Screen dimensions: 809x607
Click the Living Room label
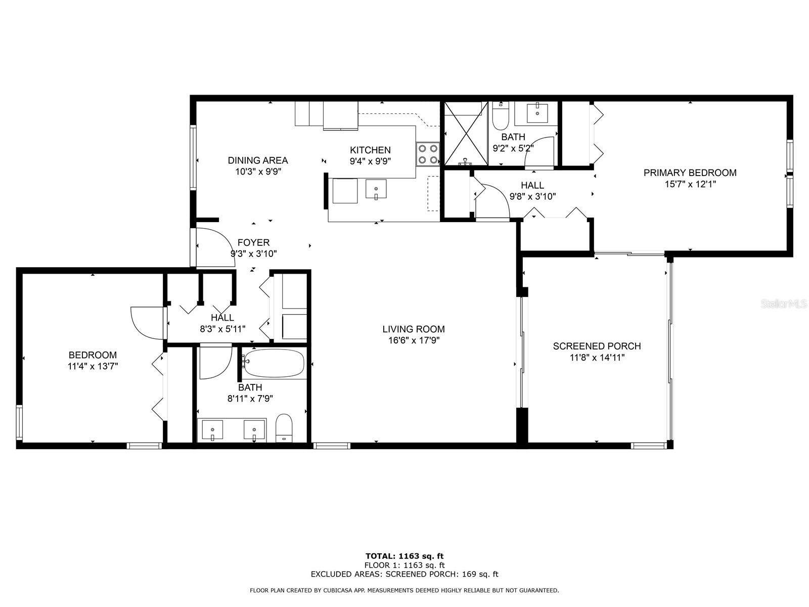pos(413,329)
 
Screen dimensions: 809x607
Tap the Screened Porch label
pos(597,346)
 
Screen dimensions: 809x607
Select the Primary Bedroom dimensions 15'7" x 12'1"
pos(690,184)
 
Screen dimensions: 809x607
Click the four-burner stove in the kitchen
pos(428,154)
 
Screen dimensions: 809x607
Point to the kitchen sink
pos(376,189)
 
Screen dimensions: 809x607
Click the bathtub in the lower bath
pos(274,363)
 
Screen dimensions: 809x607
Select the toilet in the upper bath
pos(501,115)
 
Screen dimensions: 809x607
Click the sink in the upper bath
pos(537,113)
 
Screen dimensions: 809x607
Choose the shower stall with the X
pos(466,134)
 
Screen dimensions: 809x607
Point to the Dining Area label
pos(258,160)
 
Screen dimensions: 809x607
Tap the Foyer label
pos(253,242)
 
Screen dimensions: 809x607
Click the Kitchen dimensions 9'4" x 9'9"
pos(370,161)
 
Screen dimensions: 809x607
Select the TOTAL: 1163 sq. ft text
pos(404,556)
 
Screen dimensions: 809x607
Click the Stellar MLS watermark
pos(783,303)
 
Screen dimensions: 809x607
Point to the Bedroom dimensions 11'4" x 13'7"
pos(93,366)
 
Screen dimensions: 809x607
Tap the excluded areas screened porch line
pos(404,574)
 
